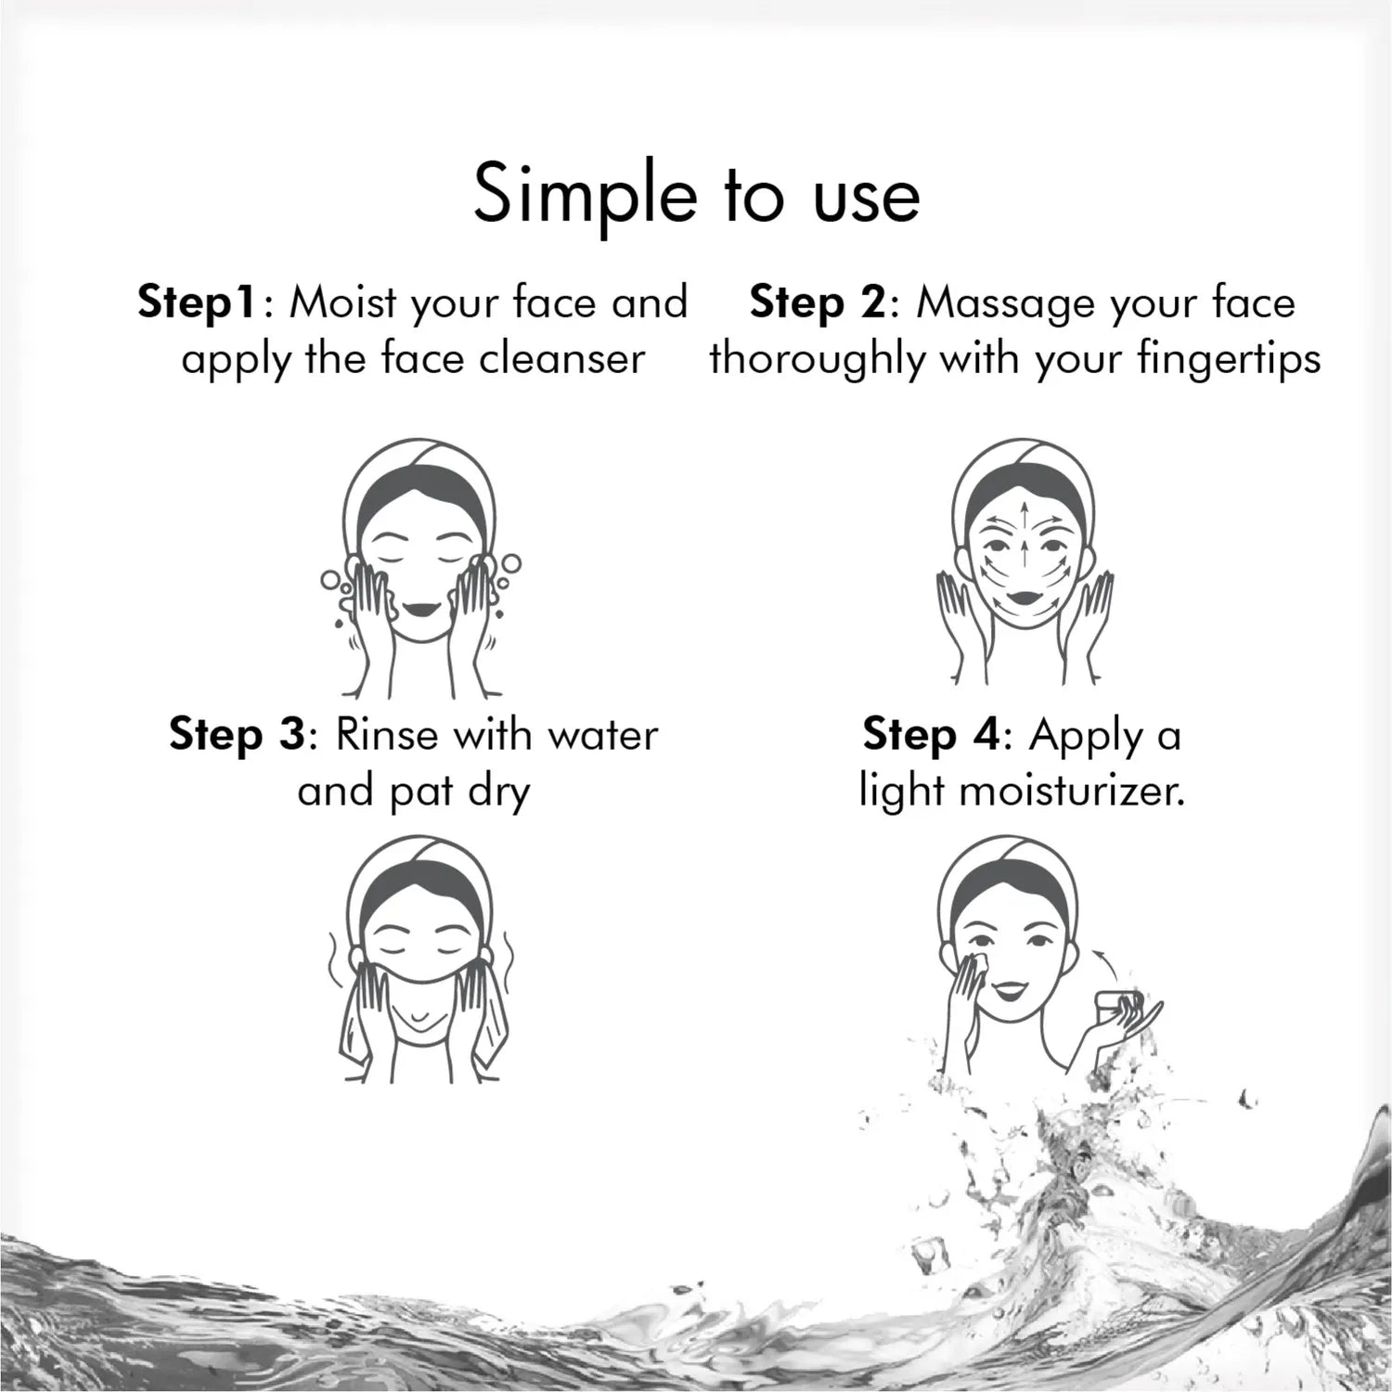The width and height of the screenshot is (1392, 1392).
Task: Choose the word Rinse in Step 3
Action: tap(386, 735)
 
